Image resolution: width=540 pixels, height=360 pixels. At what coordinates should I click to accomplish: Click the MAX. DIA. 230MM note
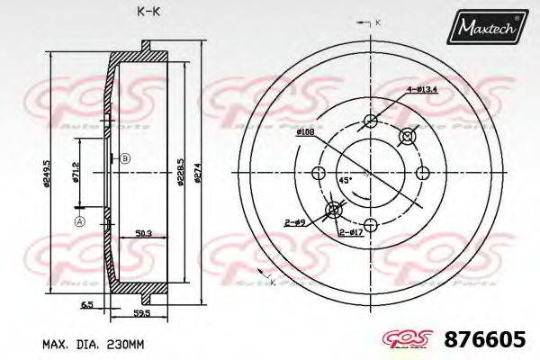[93, 343]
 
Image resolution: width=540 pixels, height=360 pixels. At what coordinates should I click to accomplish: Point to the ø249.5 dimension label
[44, 173]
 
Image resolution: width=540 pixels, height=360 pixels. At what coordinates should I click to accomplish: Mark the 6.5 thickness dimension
[86, 305]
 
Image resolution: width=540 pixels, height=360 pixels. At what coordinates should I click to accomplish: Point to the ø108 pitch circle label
[304, 131]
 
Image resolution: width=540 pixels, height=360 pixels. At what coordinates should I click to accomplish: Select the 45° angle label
[345, 179]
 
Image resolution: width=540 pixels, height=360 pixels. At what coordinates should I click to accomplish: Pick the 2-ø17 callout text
[350, 233]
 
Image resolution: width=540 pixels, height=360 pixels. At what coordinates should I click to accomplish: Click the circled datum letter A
[79, 222]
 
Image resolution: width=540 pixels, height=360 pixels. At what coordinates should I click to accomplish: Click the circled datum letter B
[125, 158]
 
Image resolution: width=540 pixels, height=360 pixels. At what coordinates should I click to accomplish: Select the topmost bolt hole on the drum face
[370, 121]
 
